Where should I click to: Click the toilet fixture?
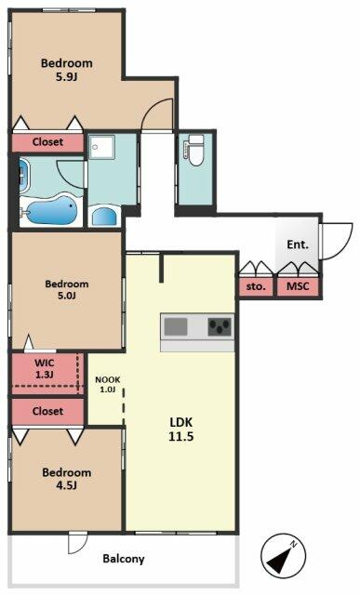point(194,151)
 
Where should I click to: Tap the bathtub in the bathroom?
point(52,210)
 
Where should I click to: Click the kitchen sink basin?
point(176,326)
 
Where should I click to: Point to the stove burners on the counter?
point(220,326)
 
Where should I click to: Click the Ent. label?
point(298,245)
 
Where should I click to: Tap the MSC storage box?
point(298,287)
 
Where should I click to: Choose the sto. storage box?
point(256,287)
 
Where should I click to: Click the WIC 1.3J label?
point(44,368)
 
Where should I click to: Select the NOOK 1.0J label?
point(108,384)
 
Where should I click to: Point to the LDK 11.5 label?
point(181,430)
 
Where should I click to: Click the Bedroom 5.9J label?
point(67,70)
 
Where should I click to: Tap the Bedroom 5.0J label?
point(67,289)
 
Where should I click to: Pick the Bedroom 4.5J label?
point(67,479)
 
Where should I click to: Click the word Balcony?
point(124,559)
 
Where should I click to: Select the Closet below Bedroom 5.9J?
point(47,142)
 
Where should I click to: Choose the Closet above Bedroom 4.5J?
point(47,411)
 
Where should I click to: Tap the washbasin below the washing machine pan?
point(104,217)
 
